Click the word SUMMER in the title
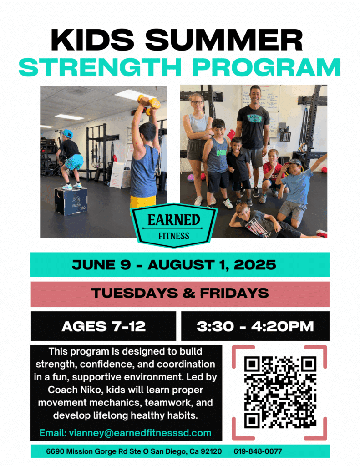224,40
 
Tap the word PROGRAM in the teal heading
267,67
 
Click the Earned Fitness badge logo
174,225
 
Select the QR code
280,392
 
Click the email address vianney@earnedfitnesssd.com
140,433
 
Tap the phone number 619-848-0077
258,451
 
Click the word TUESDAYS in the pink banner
135,293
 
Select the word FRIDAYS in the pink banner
234,293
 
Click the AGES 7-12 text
103,326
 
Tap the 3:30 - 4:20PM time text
255,326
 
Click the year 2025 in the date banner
255,265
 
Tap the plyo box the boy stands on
71,201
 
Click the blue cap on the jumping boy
68,134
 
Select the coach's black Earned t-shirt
253,123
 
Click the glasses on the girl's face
197,102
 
